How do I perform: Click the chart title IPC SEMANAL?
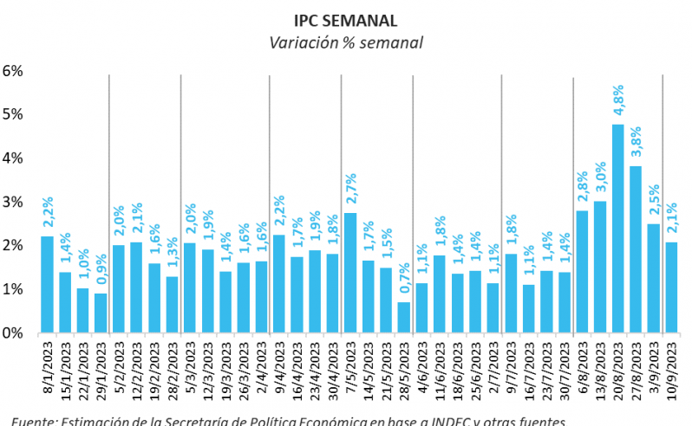[x=345, y=18]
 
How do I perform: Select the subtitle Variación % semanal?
[x=345, y=42]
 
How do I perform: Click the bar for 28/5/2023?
[x=404, y=317]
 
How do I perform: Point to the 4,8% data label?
[x=619, y=103]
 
